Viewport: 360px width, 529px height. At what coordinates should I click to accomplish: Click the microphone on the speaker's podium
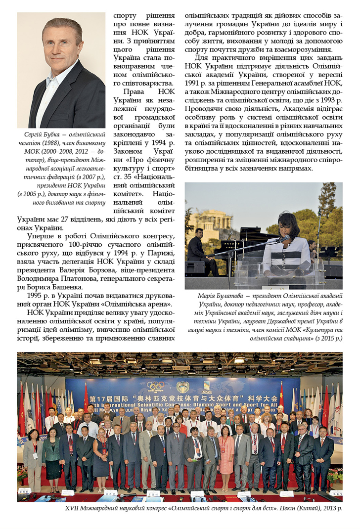[x=283, y=239]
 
